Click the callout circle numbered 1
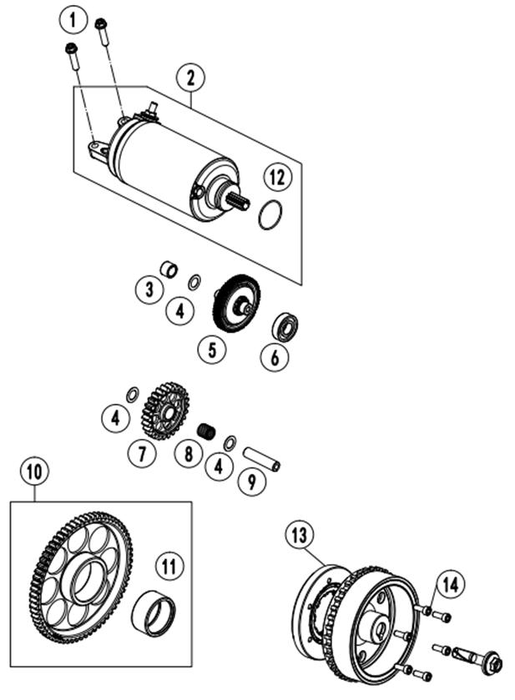(73, 20)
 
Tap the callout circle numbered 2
(190, 78)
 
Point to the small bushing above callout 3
(169, 269)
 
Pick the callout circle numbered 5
(212, 349)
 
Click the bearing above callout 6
(285, 326)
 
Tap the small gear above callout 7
(165, 410)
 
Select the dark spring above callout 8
(206, 431)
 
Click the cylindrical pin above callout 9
(261, 460)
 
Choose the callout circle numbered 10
(34, 471)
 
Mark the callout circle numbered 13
(300, 535)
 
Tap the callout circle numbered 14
(450, 584)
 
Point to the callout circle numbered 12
(277, 177)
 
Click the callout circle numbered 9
(252, 481)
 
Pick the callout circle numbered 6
(275, 357)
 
